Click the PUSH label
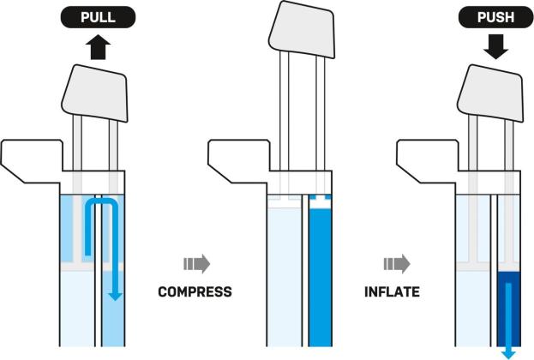click(x=496, y=15)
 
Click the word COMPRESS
click(x=195, y=291)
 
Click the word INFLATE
click(x=392, y=291)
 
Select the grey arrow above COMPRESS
click(x=196, y=264)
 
